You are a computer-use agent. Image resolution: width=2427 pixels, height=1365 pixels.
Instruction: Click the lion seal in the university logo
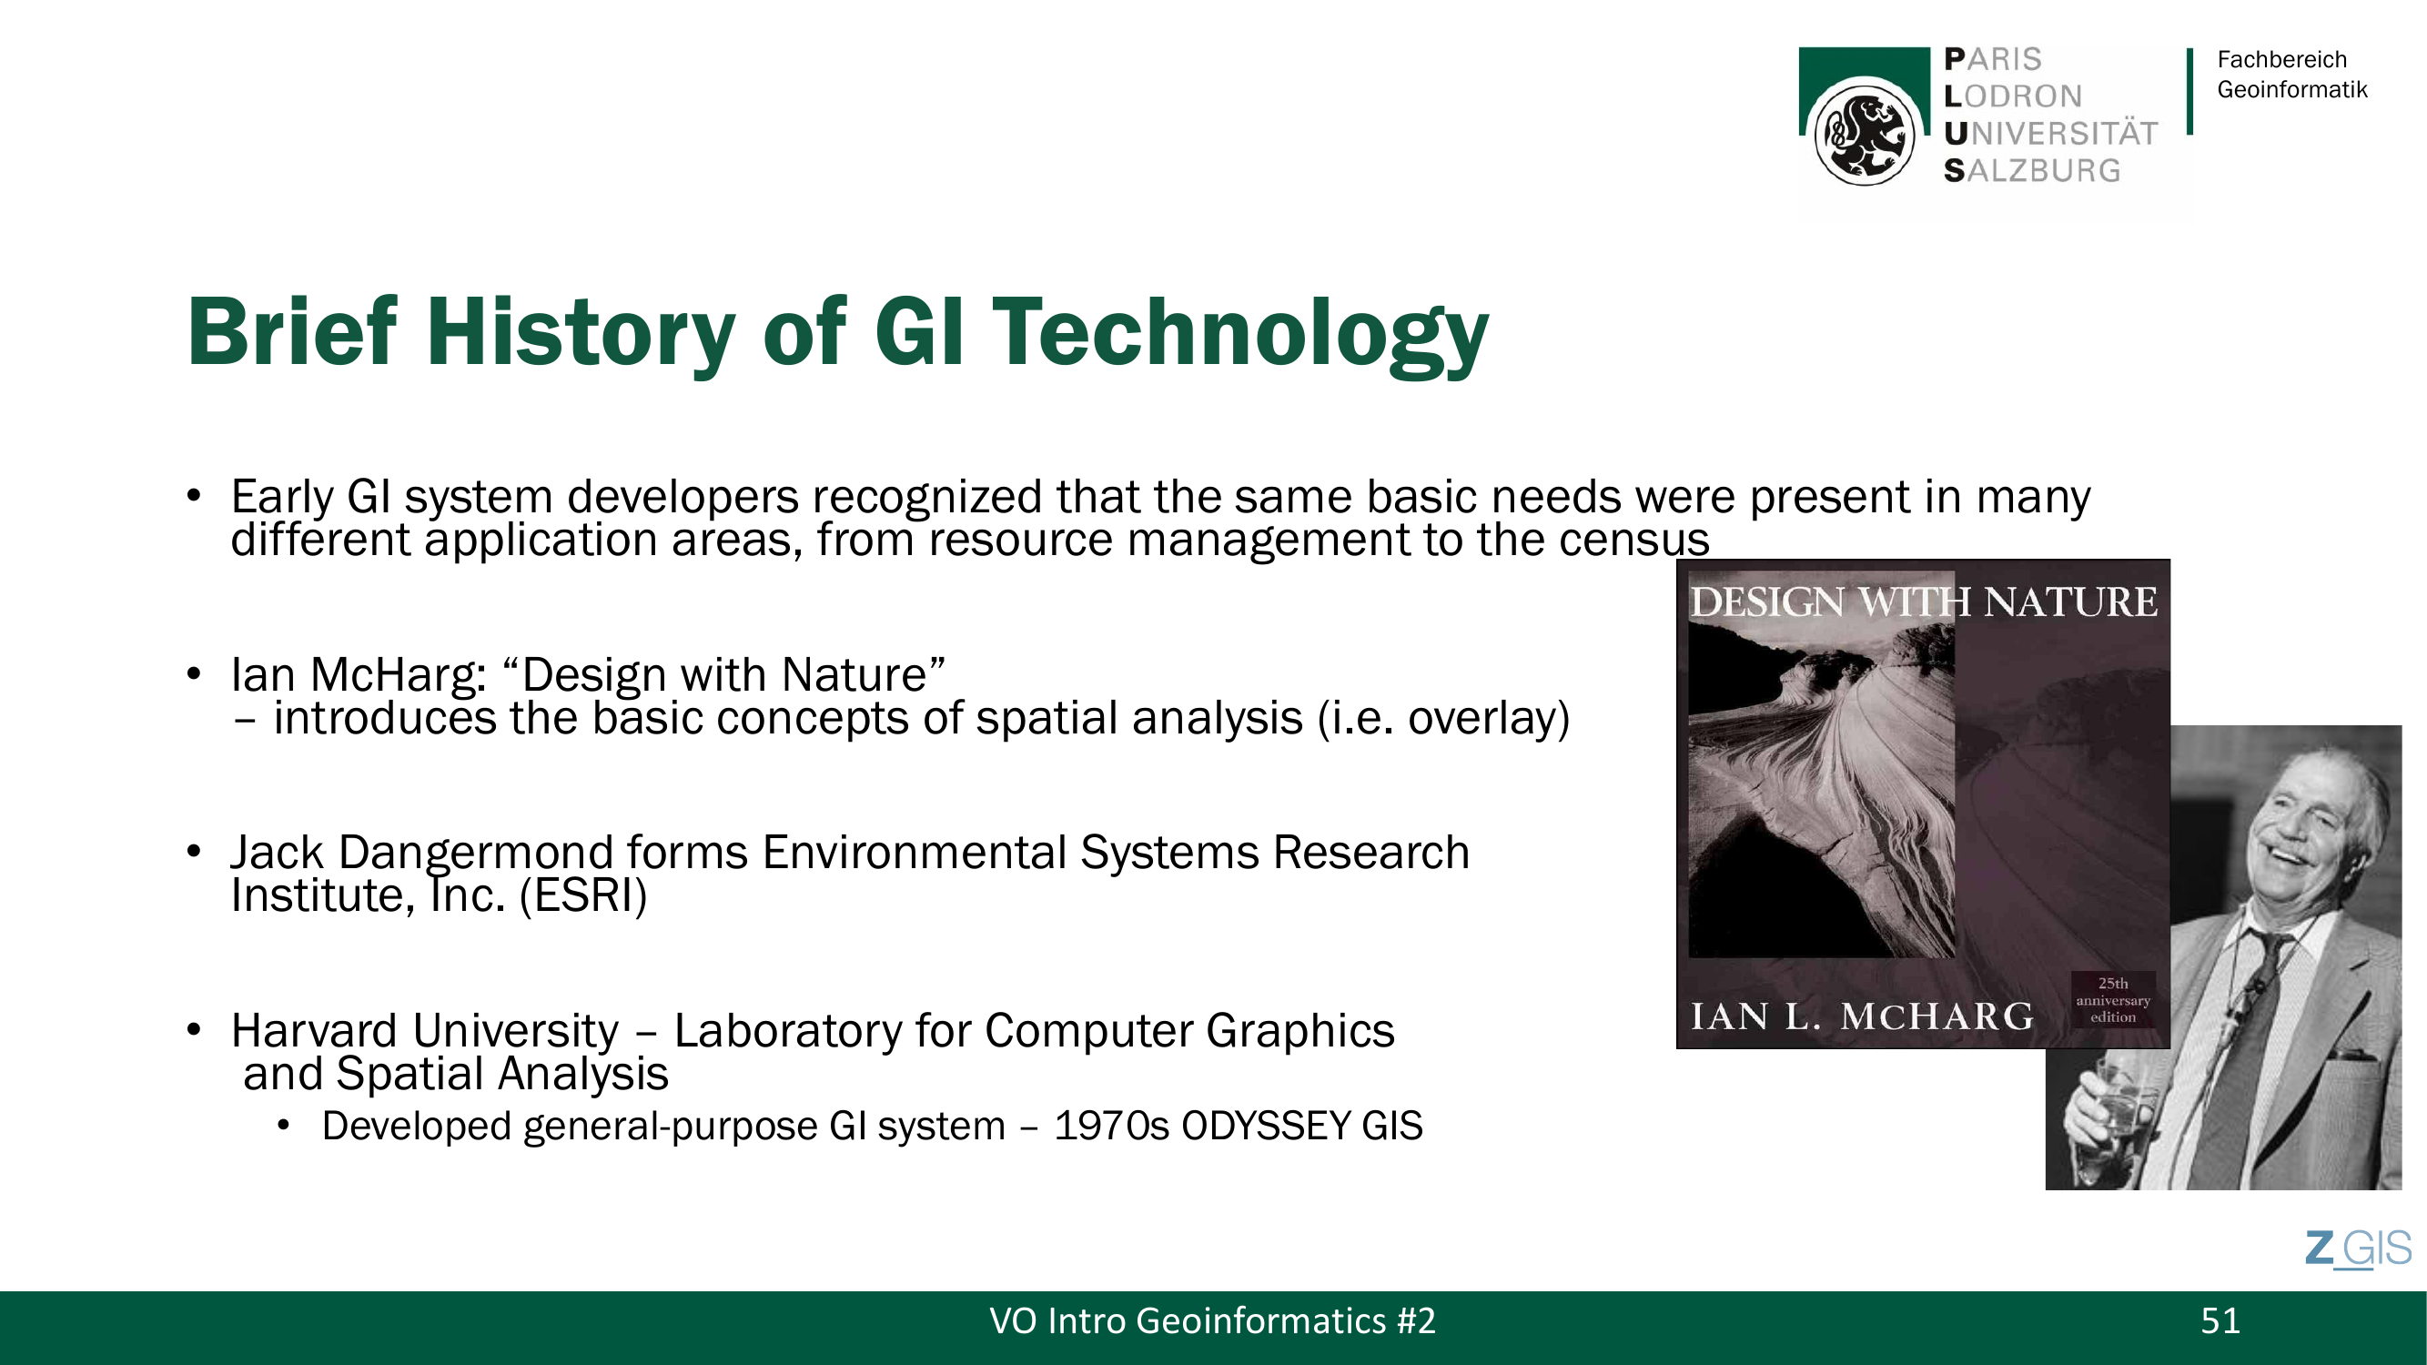1864,133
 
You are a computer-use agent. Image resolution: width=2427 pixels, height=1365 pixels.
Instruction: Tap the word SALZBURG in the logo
2032,170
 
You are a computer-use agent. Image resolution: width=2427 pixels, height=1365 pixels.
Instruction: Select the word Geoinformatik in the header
2291,89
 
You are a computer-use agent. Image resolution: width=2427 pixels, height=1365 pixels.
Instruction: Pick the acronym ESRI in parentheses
584,895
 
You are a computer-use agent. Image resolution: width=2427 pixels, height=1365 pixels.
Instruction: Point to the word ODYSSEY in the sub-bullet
1266,1127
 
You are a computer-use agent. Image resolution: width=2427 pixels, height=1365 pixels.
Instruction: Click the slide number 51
2220,1321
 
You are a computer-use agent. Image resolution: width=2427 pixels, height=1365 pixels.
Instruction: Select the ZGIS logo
2358,1249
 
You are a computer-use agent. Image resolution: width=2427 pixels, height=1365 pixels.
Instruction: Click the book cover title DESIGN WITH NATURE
1923,602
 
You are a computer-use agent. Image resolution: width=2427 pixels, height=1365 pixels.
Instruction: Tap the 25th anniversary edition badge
2113,999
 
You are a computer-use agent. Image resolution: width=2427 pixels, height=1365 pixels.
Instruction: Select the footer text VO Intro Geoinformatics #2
1212,1321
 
